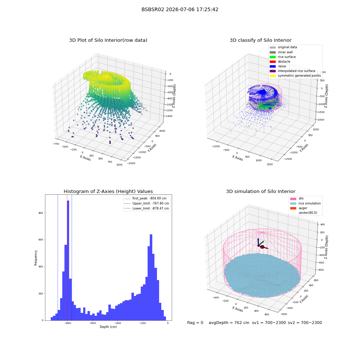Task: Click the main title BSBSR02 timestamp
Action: click(180, 10)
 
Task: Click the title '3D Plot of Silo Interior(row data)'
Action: click(108, 40)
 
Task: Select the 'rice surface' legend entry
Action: click(283, 57)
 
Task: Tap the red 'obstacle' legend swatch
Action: click(273, 62)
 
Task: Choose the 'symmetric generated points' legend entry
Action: click(295, 76)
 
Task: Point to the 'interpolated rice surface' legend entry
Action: click(292, 71)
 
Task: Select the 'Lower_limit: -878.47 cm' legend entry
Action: click(147, 208)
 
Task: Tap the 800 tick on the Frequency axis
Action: click(41, 213)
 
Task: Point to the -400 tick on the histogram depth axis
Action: click(117, 323)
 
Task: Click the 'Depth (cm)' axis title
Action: click(108, 327)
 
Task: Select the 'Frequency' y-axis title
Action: click(36, 258)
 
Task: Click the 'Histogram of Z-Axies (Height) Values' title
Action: click(108, 192)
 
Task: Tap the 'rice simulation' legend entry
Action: click(305, 203)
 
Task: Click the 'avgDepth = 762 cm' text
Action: click(229, 323)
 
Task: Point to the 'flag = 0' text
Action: click(195, 323)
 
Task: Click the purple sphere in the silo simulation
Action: click(262, 247)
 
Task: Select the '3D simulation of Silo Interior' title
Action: click(261, 192)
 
